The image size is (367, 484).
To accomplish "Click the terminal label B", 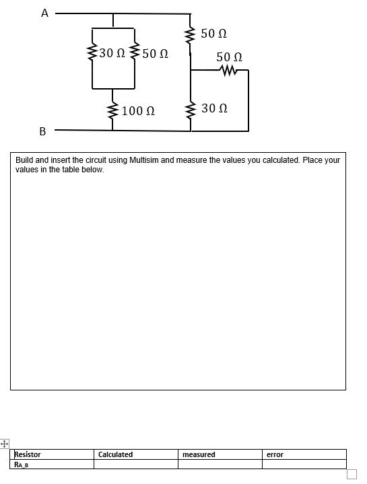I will coord(42,131).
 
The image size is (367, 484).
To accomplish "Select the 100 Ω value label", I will coord(139,110).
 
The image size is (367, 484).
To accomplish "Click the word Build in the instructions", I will coord(24,160).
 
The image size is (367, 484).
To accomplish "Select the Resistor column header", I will coord(28,454).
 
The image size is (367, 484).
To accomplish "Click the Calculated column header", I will coord(116,454).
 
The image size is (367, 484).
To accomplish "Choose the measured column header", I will coord(199,454).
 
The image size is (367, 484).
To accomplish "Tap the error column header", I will coord(275,454).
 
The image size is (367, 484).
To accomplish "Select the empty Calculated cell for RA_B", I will coord(135,464).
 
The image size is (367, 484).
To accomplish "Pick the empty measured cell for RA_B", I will coord(220,464).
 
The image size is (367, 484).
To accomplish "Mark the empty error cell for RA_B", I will coord(304,464).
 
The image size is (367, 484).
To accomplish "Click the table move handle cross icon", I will coord(5,444).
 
